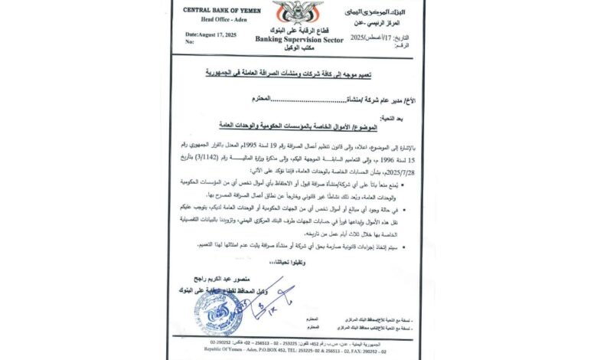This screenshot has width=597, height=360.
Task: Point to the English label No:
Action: [189, 43]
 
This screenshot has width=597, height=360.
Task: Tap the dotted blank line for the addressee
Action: [295, 100]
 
